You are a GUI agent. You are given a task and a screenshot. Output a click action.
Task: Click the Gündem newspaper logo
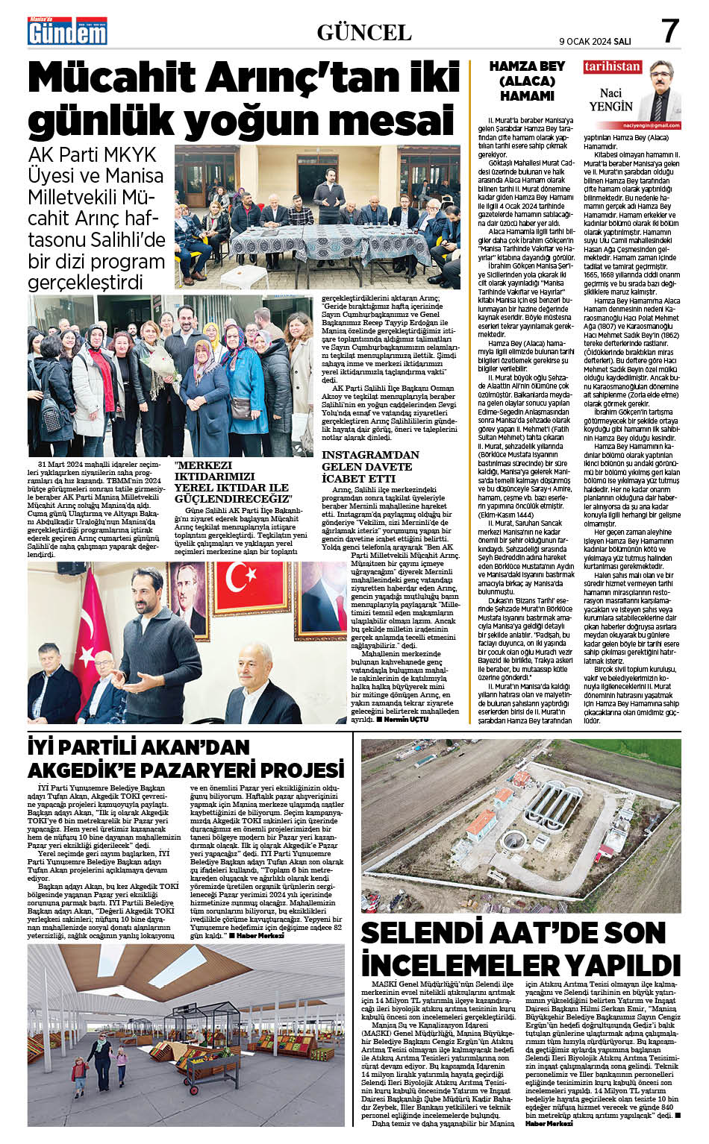67,31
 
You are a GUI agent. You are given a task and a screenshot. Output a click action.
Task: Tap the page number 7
669,31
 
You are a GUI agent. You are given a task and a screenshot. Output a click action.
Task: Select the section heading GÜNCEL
363,32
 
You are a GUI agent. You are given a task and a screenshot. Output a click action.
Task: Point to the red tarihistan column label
612,66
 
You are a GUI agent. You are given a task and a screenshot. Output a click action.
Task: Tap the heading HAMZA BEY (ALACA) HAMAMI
526,81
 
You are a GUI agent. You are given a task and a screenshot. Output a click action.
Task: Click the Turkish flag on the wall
253,586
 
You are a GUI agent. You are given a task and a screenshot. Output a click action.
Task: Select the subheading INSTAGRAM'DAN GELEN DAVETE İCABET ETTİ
370,466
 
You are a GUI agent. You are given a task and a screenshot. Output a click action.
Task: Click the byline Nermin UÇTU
407,720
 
